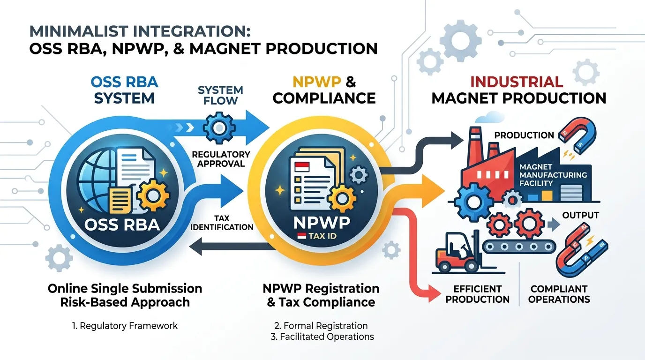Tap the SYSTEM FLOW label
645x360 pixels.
[x=220, y=95]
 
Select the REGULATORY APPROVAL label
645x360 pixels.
[x=221, y=159]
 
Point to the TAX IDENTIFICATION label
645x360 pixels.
[x=222, y=223]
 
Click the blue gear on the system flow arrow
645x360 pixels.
[x=219, y=127]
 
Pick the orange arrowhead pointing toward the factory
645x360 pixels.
[x=433, y=191]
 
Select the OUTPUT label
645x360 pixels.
[x=580, y=215]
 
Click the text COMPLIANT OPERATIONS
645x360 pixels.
[x=559, y=294]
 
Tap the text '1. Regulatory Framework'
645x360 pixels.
[x=125, y=326]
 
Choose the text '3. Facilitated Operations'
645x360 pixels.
[x=322, y=337]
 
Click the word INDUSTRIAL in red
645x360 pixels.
[x=517, y=82]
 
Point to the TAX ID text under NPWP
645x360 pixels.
[x=322, y=236]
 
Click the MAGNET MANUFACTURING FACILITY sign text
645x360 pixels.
[x=553, y=175]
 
